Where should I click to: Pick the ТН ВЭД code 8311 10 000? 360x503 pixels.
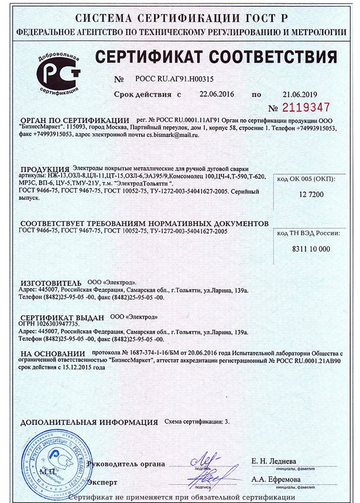pos(310,249)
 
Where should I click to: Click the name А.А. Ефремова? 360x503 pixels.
pos(276,479)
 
